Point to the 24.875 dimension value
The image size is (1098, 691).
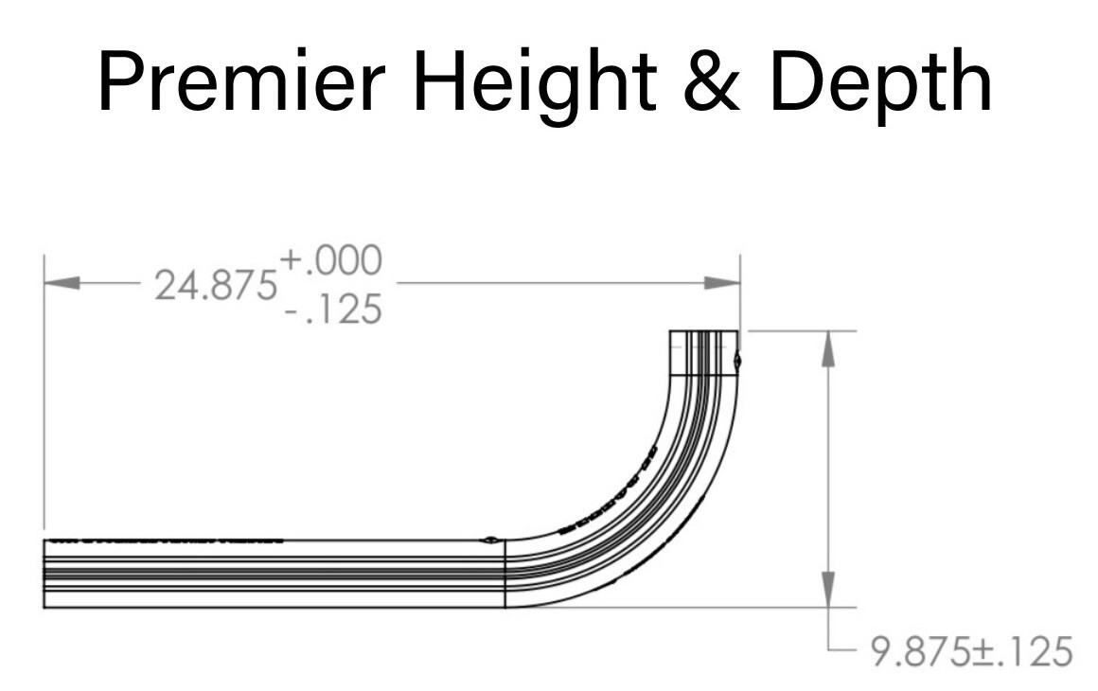click(x=216, y=285)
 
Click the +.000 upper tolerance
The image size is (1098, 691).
click(x=330, y=259)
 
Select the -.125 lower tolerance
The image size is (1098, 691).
click(x=332, y=310)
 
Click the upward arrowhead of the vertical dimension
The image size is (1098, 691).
click(x=828, y=348)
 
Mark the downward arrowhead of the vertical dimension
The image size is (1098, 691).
click(x=828, y=589)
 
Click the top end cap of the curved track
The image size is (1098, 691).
click(x=704, y=353)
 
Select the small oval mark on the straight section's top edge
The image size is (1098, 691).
click(x=490, y=540)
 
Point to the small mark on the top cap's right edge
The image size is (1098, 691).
click(x=737, y=360)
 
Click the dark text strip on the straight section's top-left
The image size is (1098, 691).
click(x=167, y=541)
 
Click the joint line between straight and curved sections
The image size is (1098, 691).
click(x=505, y=573)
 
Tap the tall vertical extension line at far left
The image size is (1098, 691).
click(x=44, y=398)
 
